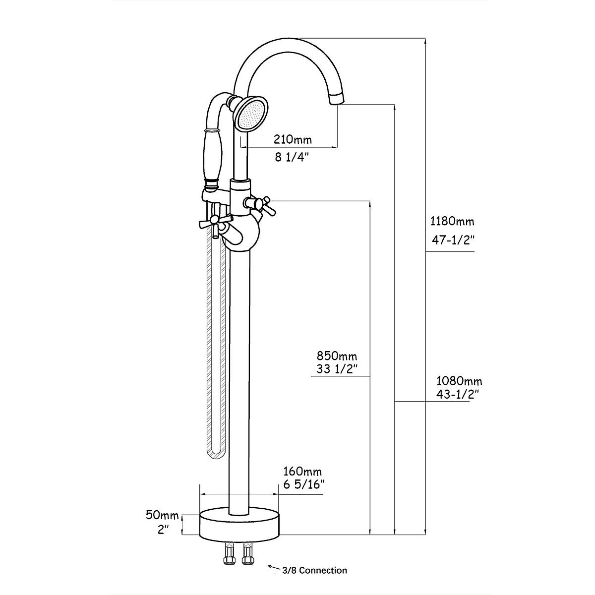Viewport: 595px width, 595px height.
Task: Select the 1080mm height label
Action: pyautogui.click(x=459, y=381)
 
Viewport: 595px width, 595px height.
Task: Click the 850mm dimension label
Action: pyautogui.click(x=337, y=356)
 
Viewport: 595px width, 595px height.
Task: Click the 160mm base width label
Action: pyautogui.click(x=302, y=471)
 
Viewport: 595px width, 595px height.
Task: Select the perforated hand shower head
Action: pyautogui.click(x=252, y=114)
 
